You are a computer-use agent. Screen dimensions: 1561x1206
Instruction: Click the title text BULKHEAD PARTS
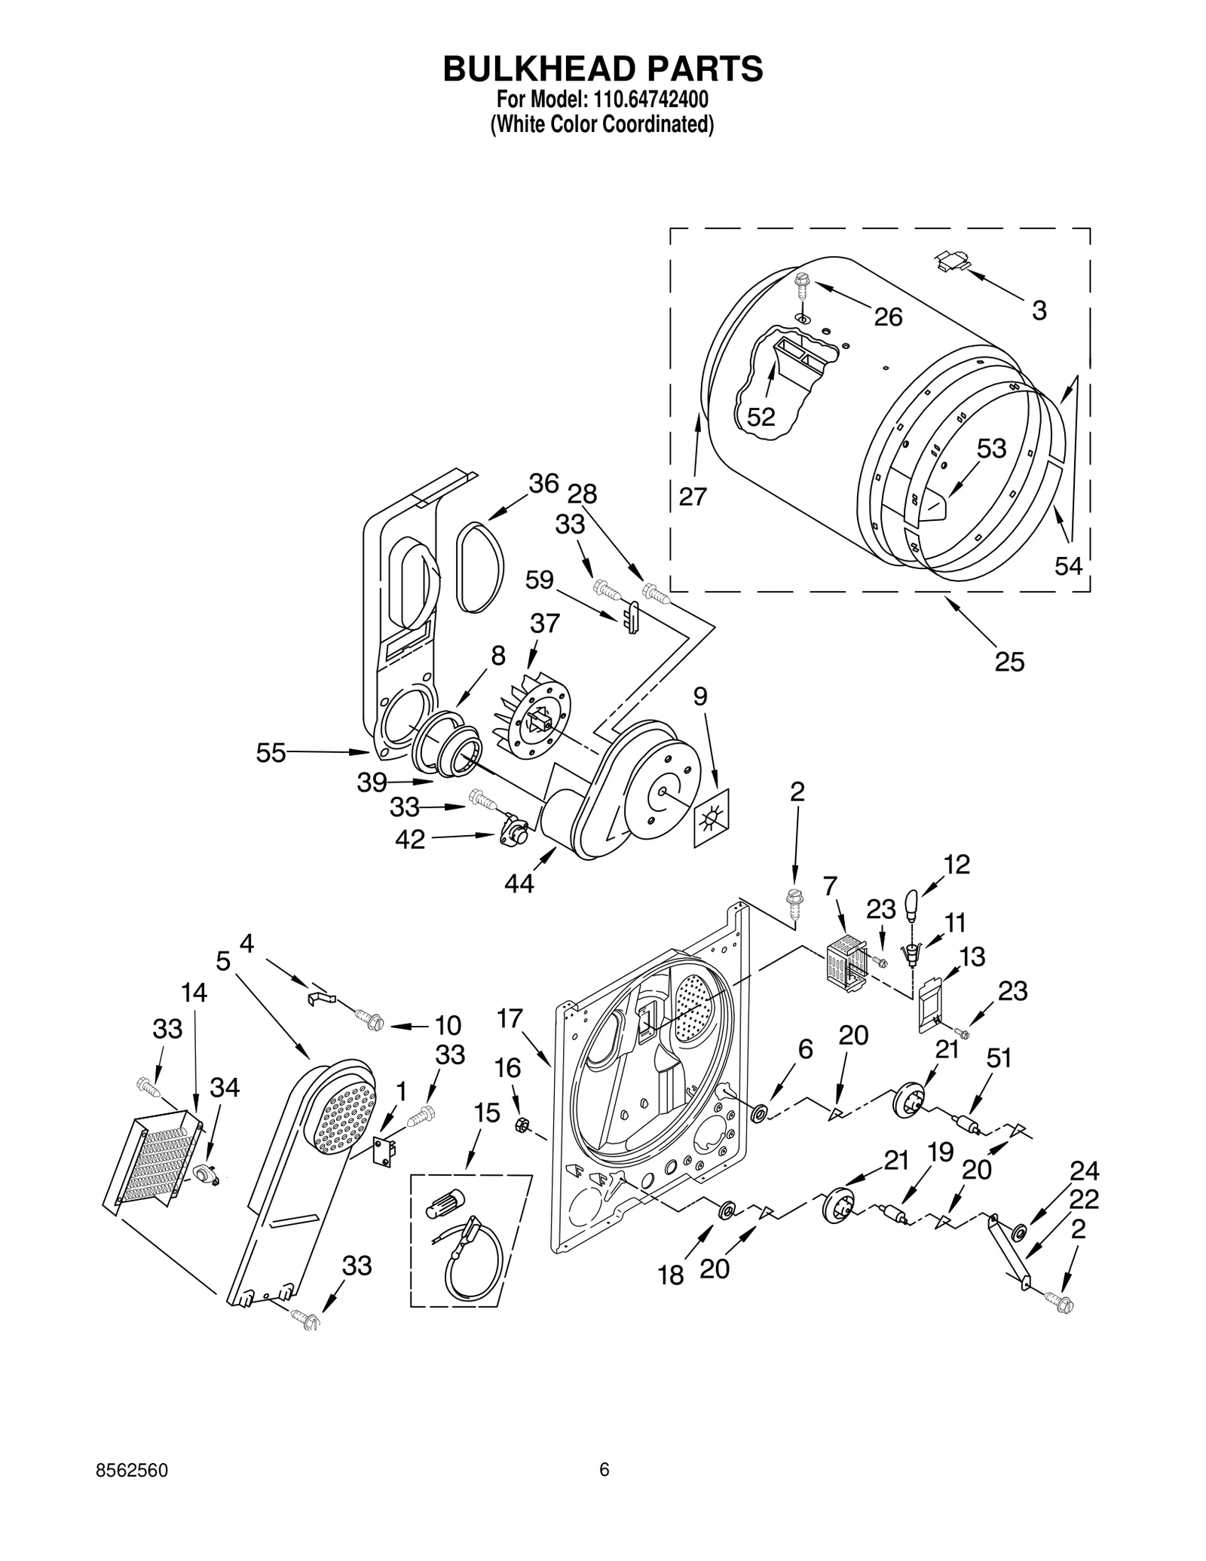coord(602,69)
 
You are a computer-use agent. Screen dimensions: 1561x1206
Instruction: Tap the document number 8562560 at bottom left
coord(132,1471)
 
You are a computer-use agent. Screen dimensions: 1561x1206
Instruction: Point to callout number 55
coord(271,752)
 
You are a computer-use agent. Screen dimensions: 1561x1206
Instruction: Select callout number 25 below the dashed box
coord(1009,662)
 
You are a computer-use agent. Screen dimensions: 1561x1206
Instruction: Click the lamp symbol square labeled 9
coord(712,817)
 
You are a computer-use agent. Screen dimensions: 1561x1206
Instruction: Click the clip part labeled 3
coord(951,261)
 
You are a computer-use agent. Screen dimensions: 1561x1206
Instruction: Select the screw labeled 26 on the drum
coord(800,288)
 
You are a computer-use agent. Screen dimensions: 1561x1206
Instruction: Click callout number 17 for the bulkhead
coord(510,1018)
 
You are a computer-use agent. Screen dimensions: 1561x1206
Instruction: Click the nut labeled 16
coord(520,1125)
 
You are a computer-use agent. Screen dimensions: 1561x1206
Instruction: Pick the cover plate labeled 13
coord(929,1003)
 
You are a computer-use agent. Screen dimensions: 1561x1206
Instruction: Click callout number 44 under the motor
coord(519,883)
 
